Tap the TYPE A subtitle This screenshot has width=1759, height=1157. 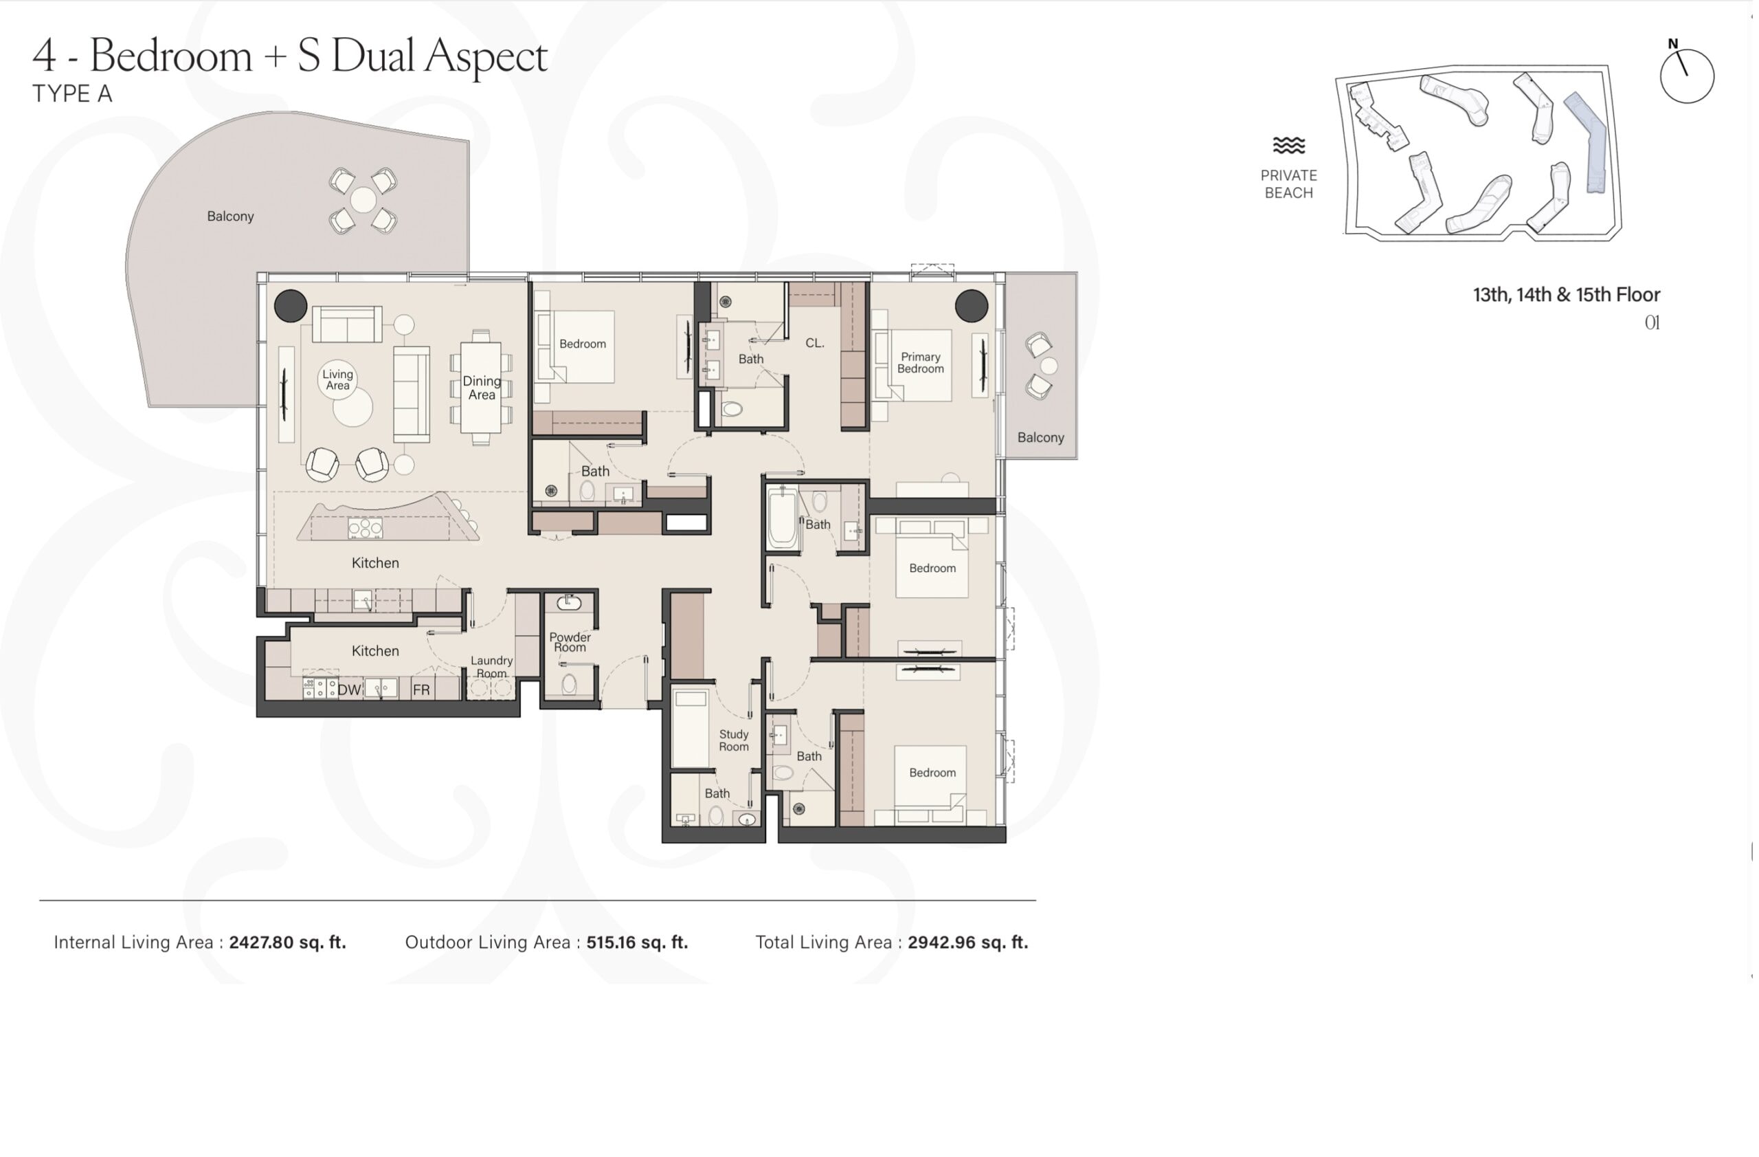tap(72, 95)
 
